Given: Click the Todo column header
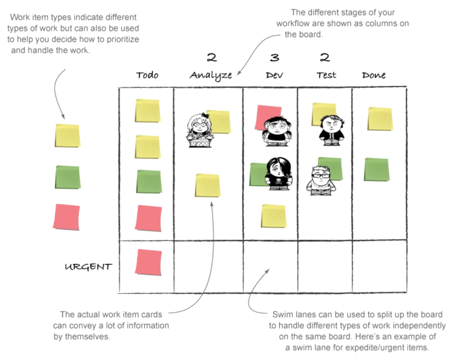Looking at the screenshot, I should (147, 75).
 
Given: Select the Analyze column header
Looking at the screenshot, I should (210, 75).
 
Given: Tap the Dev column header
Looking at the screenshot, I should (274, 75).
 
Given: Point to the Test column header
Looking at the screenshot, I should (326, 75).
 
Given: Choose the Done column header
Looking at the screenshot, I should (374, 75).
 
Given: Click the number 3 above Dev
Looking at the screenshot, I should (274, 57).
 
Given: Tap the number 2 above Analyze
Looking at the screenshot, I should (212, 57).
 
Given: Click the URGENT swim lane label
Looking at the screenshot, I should (88, 267).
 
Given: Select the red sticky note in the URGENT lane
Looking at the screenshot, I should (148, 262).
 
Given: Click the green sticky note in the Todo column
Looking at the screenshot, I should (149, 181).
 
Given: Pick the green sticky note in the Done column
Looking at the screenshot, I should (377, 169).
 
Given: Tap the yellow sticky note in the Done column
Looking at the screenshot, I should (380, 119).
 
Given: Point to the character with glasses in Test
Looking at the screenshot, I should (320, 180).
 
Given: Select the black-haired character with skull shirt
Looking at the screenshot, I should (278, 173).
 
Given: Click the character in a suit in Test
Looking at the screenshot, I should (331, 130).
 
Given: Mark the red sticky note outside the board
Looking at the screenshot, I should (67, 217).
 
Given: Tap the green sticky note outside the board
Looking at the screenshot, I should (68, 177).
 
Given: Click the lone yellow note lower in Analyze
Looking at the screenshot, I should (208, 185).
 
